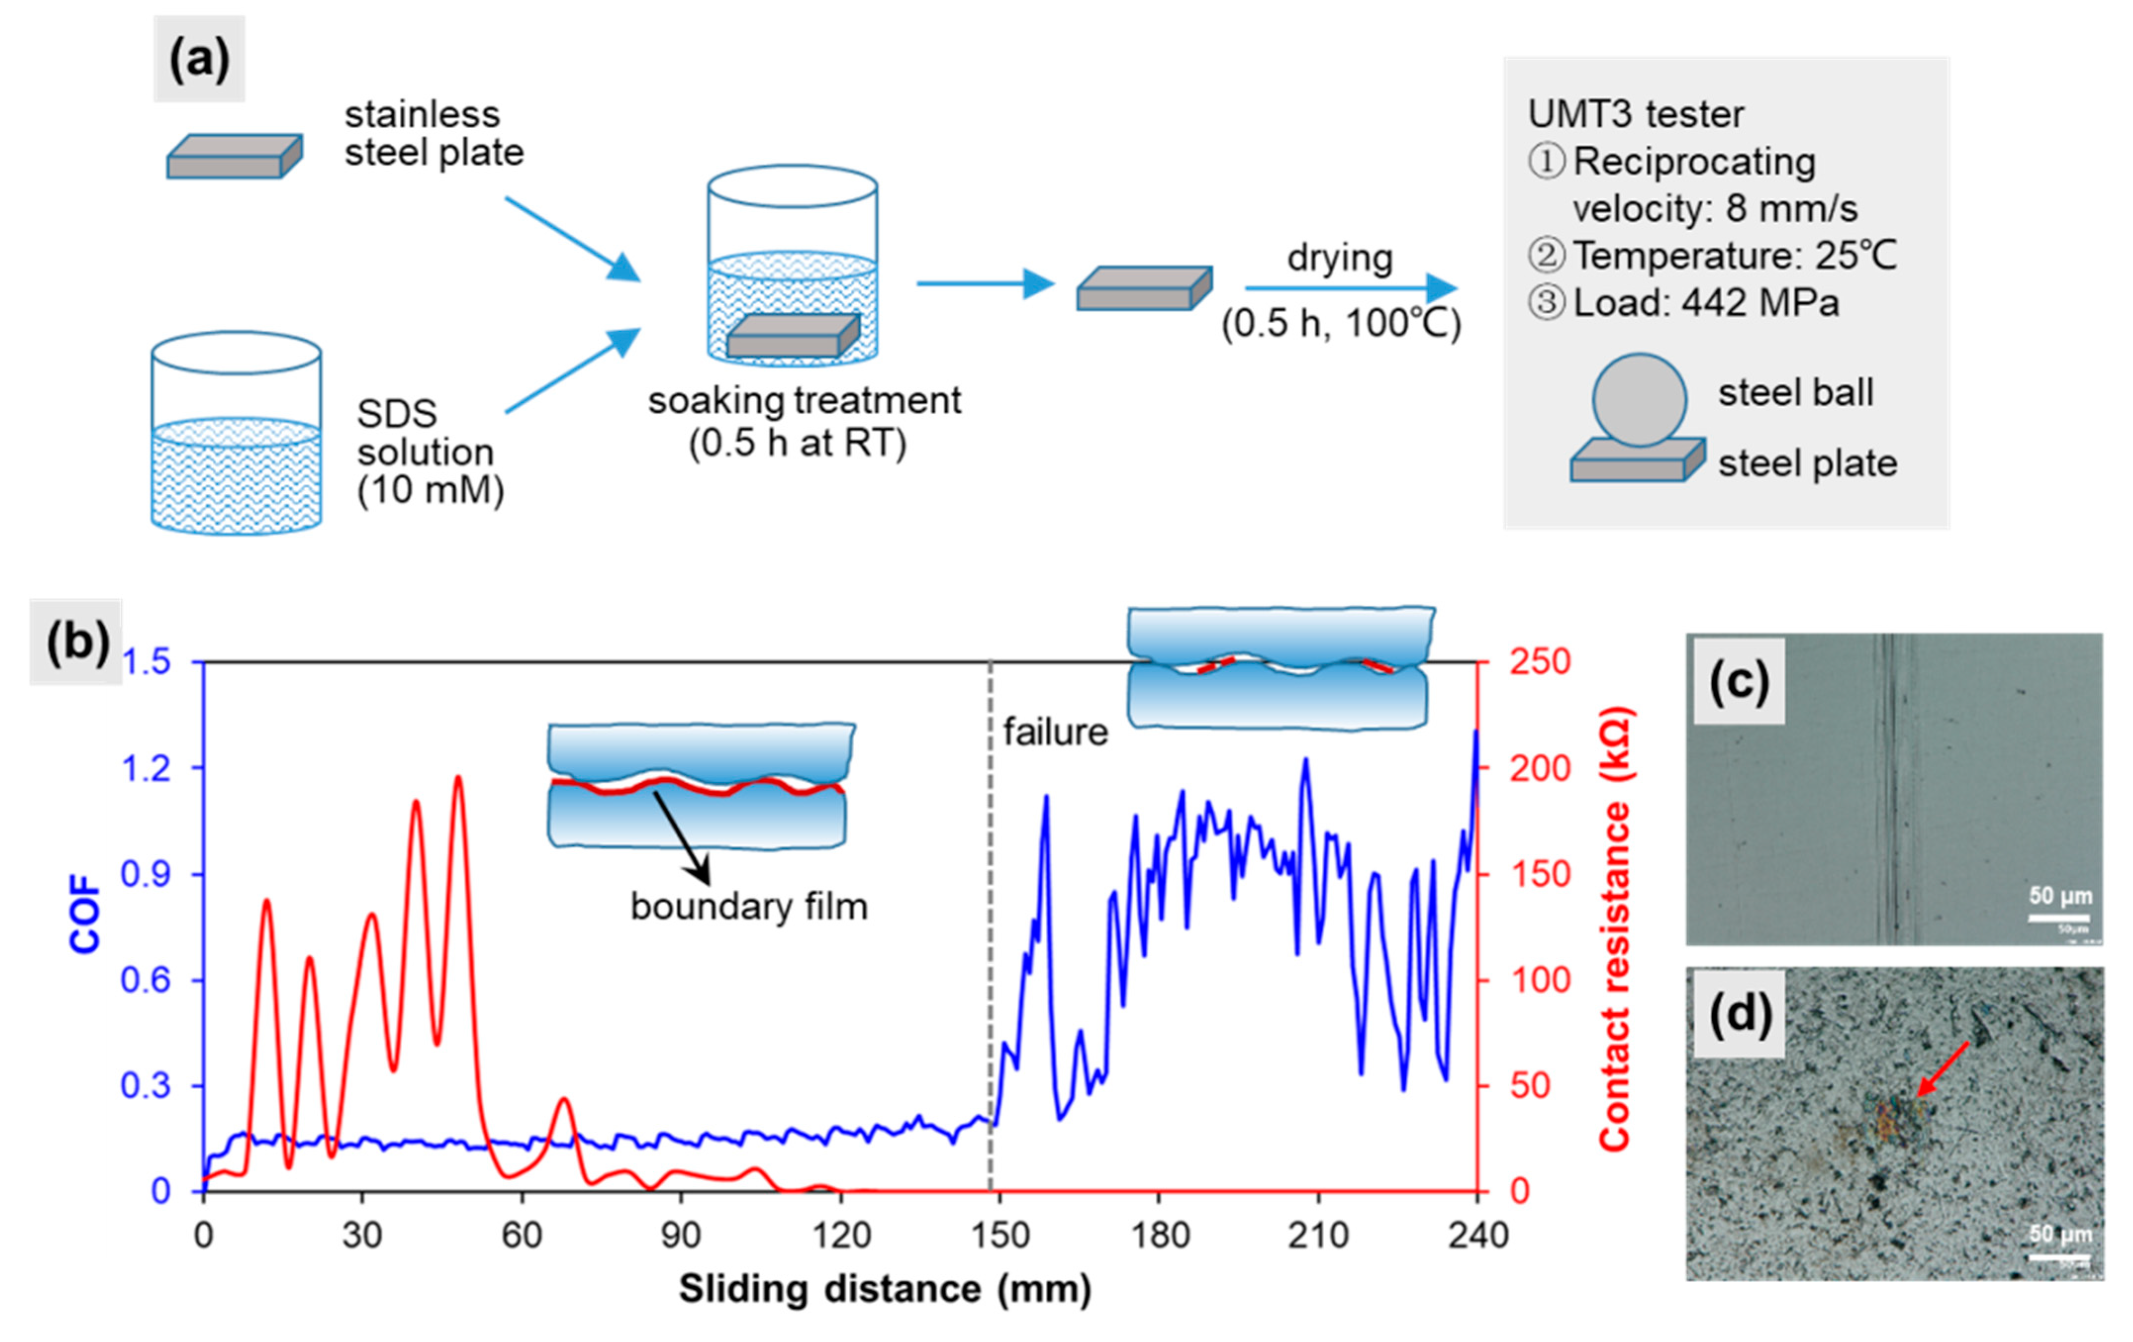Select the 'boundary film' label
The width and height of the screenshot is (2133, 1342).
[748, 906]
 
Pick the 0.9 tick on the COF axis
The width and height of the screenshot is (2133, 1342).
[145, 874]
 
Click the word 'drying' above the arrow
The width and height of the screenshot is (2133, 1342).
[1340, 258]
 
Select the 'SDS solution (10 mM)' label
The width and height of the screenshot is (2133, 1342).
[429, 452]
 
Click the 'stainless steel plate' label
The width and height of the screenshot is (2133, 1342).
[433, 134]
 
